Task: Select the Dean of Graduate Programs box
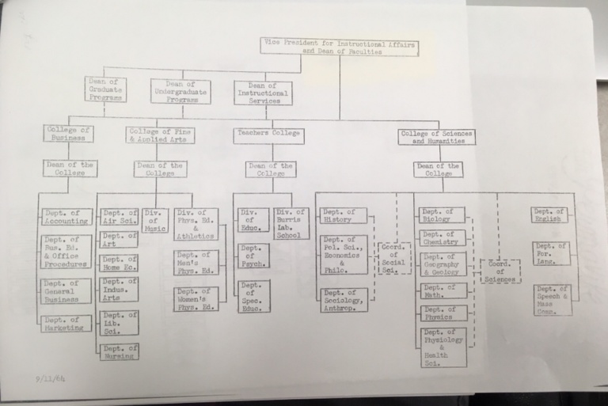105,90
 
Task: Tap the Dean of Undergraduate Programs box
180,91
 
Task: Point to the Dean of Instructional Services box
262,92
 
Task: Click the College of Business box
69,134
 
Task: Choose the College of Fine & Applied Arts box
161,135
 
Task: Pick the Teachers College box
268,134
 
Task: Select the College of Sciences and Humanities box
436,136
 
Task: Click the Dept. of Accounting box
66,218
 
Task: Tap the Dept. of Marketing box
66,323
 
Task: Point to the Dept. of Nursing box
120,351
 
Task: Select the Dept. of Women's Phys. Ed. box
196,298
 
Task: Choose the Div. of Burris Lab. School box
291,222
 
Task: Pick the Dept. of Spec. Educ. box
253,295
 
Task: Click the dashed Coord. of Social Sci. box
393,258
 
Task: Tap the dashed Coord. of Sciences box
500,270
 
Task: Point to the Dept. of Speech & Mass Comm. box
553,300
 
